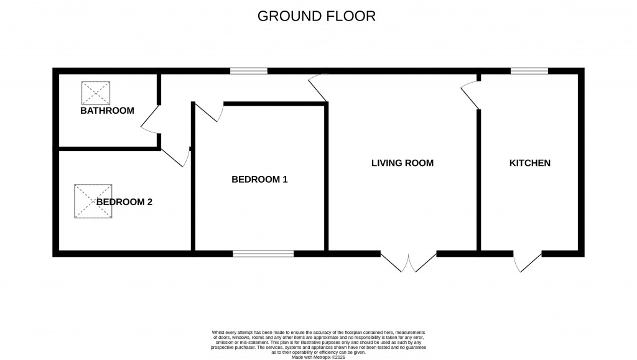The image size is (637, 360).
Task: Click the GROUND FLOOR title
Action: point(317,16)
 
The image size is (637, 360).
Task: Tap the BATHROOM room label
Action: point(107,111)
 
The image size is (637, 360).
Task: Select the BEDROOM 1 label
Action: point(259,179)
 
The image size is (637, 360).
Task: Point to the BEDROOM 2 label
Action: point(124,201)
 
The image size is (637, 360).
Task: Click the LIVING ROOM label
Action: point(402,163)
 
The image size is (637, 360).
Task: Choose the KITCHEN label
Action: point(530,163)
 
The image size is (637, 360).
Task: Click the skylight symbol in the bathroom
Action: point(96,93)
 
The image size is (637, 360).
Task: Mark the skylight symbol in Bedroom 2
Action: point(93,201)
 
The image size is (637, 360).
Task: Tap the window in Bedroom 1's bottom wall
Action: point(263,253)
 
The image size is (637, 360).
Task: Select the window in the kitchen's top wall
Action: point(529,71)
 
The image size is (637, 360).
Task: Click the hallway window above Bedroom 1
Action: point(248,71)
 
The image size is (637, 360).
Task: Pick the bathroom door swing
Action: point(150,119)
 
